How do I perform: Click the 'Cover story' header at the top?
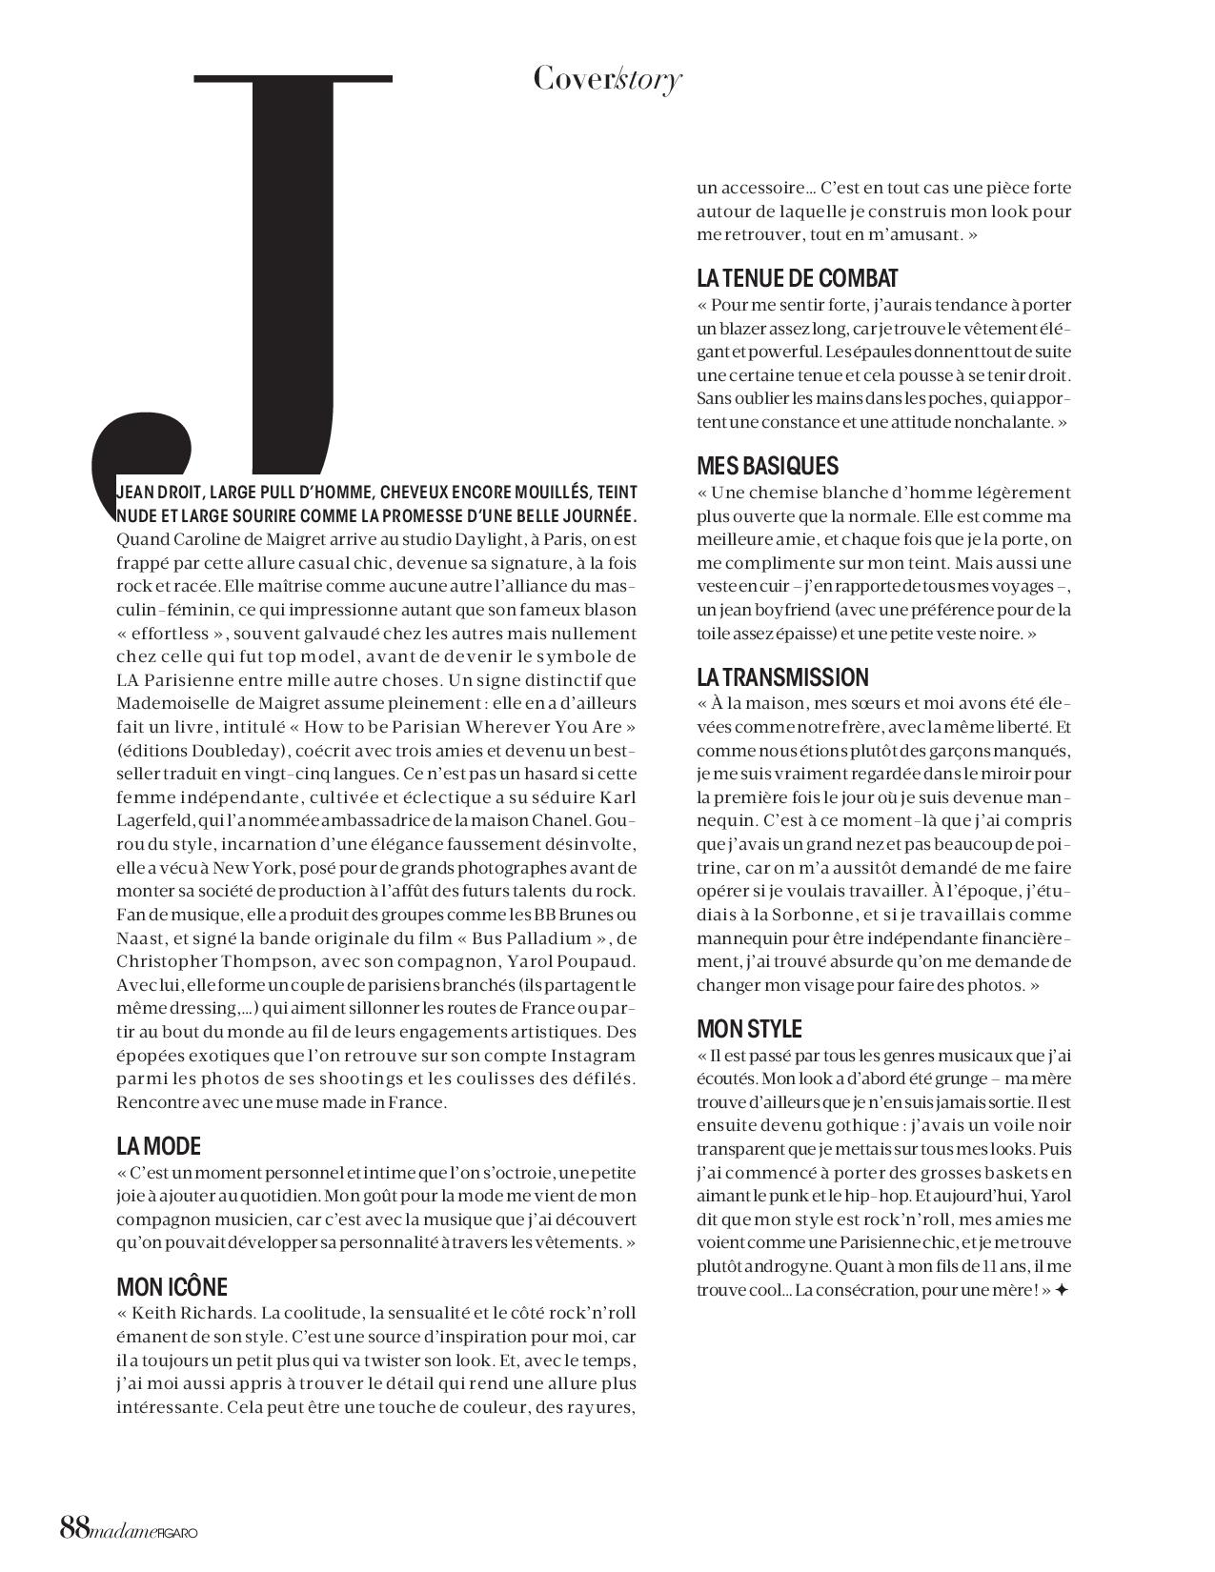tap(607, 79)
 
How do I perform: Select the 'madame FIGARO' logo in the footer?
tap(145, 1529)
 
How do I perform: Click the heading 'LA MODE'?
tap(158, 1146)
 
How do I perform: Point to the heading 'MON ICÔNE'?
tap(172, 1287)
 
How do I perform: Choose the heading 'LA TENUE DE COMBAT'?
tap(797, 278)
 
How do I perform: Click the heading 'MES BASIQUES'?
tap(767, 466)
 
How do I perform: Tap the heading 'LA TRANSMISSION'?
tap(782, 677)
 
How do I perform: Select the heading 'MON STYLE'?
tap(749, 1029)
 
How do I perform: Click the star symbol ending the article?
tap(1062, 1290)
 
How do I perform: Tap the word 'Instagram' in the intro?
tap(593, 1056)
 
